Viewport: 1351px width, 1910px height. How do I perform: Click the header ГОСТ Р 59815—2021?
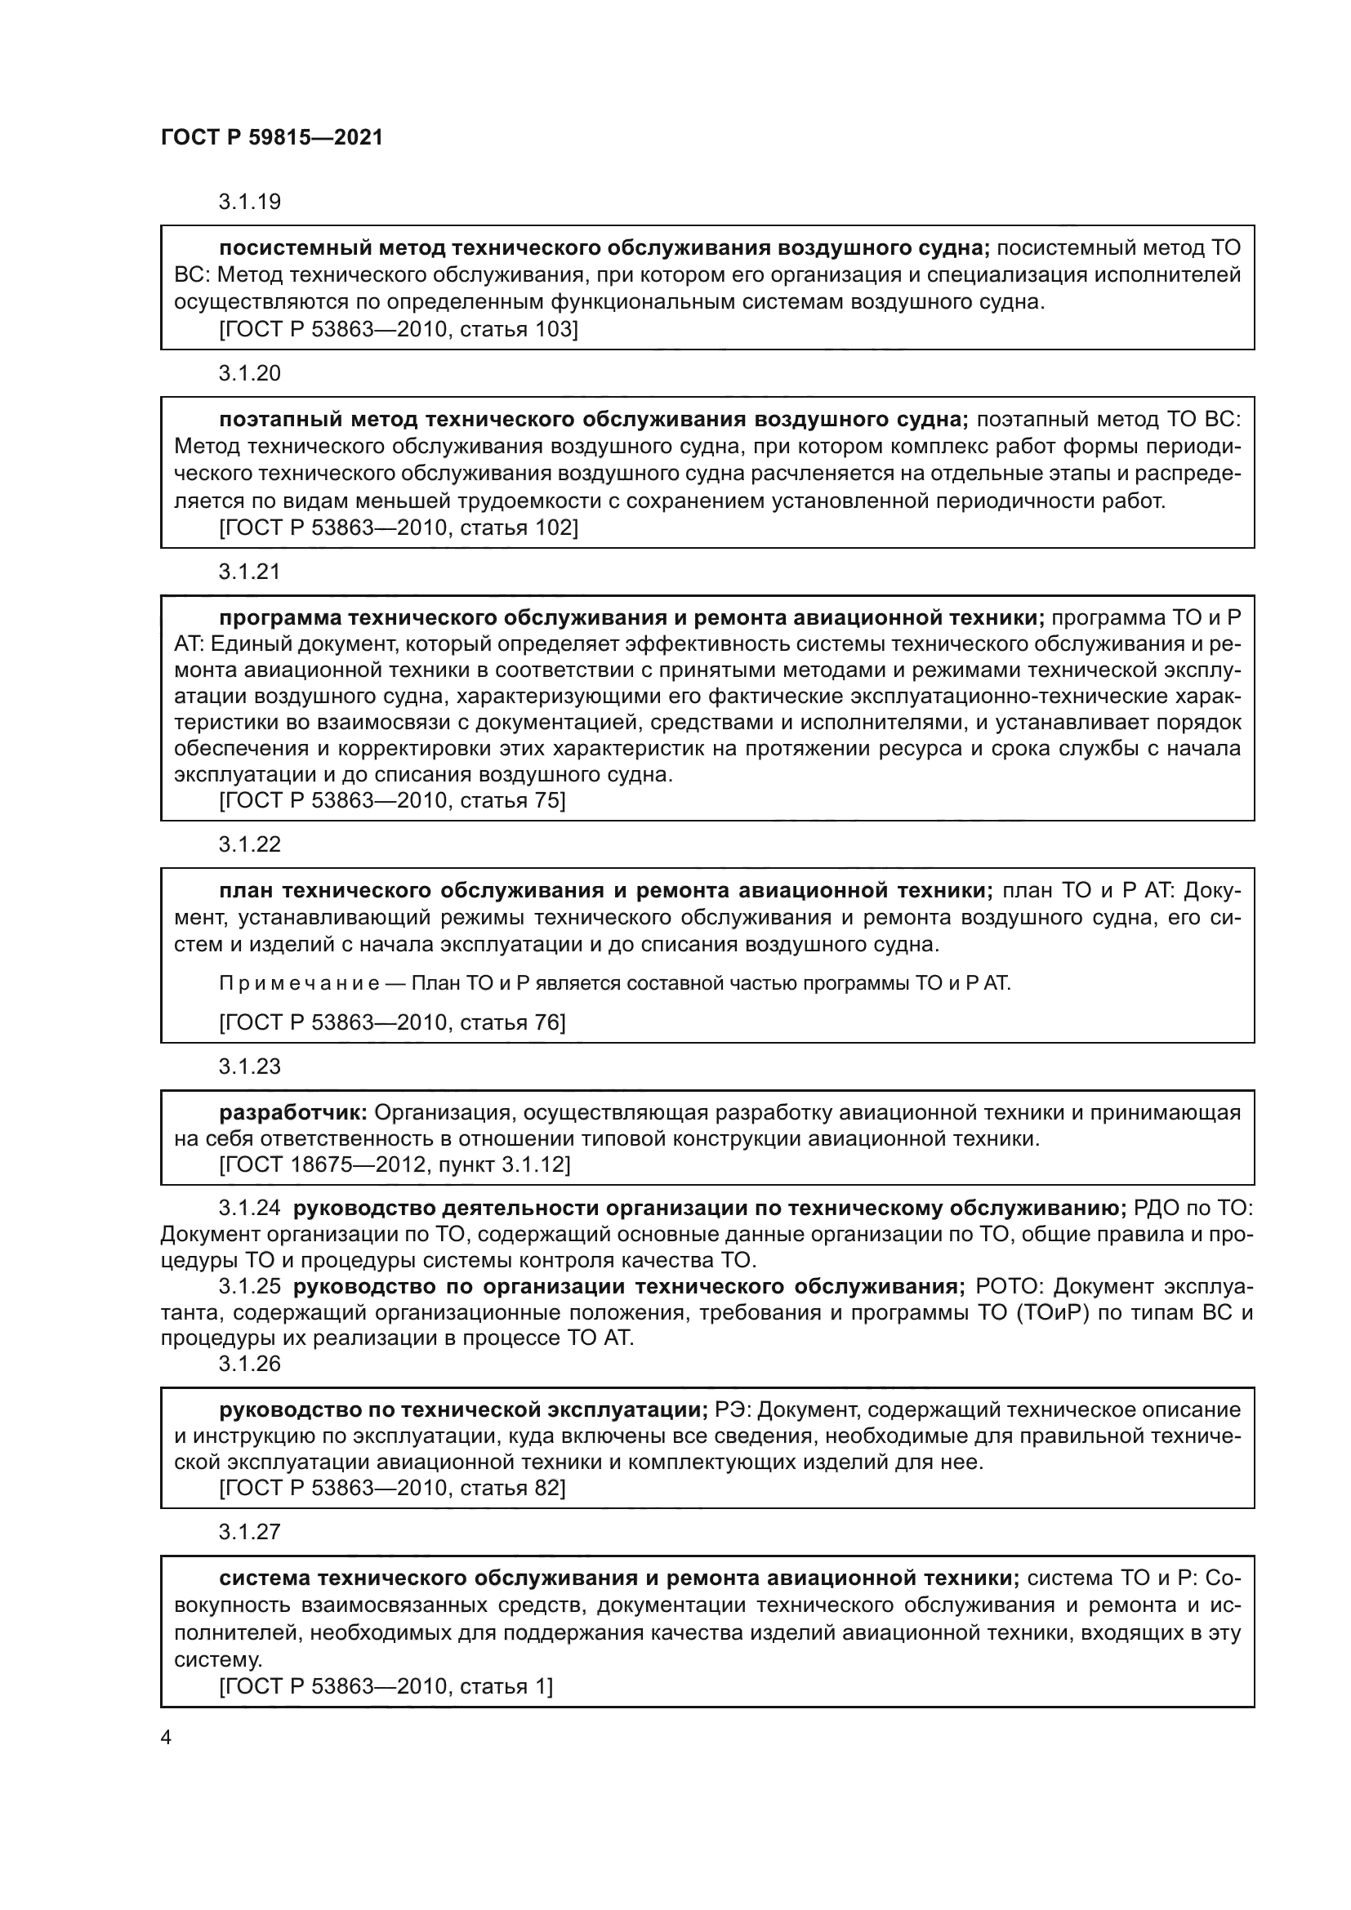click(x=272, y=138)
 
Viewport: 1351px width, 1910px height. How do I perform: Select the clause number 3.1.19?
click(x=250, y=203)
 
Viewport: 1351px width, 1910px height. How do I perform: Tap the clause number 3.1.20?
click(x=250, y=373)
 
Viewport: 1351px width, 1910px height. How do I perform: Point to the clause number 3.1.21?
click(x=250, y=572)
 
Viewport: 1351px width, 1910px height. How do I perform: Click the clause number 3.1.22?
click(x=250, y=844)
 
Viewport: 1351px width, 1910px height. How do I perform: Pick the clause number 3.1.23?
click(x=250, y=1066)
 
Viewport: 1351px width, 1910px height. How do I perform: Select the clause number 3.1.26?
click(x=250, y=1364)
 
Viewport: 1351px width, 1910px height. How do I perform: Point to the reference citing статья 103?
click(x=398, y=329)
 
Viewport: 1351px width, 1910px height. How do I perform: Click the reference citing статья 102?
click(x=398, y=528)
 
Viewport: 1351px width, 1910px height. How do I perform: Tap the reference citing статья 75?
click(x=392, y=800)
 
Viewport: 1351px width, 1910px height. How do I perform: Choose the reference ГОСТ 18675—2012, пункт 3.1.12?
click(x=395, y=1164)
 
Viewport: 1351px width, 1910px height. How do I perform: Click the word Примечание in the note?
click(x=299, y=984)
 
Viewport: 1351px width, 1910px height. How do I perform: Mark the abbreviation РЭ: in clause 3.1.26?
click(x=732, y=1410)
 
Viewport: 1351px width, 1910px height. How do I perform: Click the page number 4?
click(x=166, y=1738)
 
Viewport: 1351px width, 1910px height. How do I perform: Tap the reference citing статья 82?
click(x=392, y=1489)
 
